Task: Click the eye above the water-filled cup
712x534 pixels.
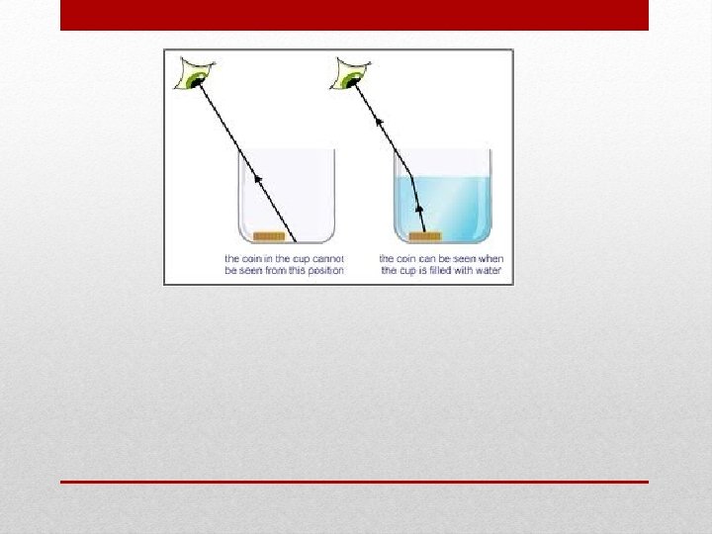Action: coord(349,74)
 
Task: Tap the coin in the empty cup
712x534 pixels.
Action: coord(269,236)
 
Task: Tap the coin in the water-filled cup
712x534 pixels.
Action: coord(425,236)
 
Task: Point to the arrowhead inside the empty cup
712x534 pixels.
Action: coord(260,179)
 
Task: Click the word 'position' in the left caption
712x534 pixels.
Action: coord(324,271)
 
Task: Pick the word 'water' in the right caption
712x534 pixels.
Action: coord(489,271)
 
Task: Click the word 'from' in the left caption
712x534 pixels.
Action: coord(276,271)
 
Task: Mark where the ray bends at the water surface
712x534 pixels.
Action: coord(408,178)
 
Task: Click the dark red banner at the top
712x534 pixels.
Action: coord(354,15)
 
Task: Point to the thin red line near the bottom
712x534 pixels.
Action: coord(354,482)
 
